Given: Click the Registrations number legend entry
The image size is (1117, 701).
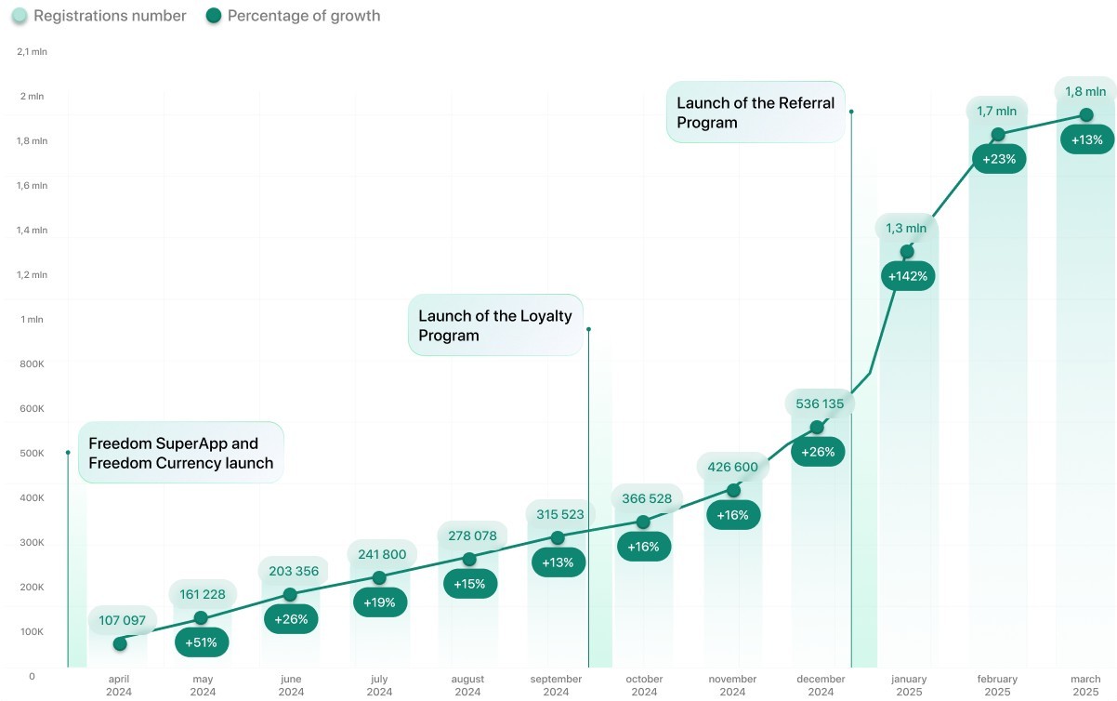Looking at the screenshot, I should [99, 16].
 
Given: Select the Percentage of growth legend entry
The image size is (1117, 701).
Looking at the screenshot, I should [293, 16].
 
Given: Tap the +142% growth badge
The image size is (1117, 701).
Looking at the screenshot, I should [907, 276].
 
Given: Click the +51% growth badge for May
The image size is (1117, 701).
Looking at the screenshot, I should [202, 642].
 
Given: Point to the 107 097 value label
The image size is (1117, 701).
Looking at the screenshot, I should [123, 620].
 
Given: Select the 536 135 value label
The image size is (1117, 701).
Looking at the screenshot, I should [819, 403].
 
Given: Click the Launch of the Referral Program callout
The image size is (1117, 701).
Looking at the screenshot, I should [756, 112].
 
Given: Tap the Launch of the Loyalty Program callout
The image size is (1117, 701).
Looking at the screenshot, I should [495, 325].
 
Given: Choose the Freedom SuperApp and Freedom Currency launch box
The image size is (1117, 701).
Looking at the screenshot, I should [180, 453].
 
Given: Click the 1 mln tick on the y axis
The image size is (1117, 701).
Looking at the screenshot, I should [32, 320].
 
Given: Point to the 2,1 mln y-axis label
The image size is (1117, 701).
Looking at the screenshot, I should [32, 52].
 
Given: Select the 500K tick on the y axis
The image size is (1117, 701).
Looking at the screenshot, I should [32, 454].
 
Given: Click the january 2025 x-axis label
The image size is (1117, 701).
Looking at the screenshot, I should [909, 685].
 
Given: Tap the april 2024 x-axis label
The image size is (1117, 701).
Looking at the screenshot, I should [119, 685].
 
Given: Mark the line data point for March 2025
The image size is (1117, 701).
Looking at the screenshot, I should [1085, 115].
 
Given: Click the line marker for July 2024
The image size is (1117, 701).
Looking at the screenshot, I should [379, 578].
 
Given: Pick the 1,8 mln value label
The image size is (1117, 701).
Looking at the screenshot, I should [1085, 91].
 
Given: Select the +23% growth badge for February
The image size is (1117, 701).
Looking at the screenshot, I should [998, 159].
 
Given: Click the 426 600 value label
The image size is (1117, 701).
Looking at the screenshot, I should [732, 467].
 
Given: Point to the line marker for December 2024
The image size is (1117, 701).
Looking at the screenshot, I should [817, 427].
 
